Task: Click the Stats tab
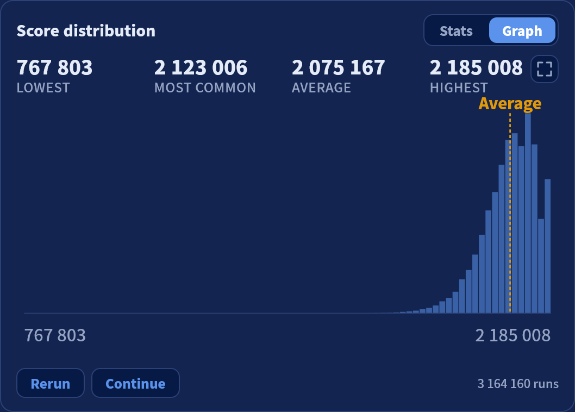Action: point(456,31)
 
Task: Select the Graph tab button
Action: point(522,30)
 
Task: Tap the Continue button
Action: point(135,383)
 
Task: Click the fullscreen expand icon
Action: point(544,69)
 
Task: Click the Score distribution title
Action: point(86,31)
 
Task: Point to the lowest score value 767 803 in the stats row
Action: point(55,67)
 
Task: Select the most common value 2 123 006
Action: point(201,67)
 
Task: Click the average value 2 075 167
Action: point(339,67)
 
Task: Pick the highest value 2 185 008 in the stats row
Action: point(476,67)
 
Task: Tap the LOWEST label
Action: point(43,88)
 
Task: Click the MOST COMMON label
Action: point(205,88)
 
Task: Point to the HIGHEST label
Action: point(459,88)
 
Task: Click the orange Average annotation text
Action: point(510,104)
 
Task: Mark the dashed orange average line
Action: point(510,213)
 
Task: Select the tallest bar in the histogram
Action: point(528,213)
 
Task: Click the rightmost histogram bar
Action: point(547,246)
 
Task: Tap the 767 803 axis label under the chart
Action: point(55,335)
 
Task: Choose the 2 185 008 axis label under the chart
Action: point(512,335)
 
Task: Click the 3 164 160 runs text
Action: point(518,383)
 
